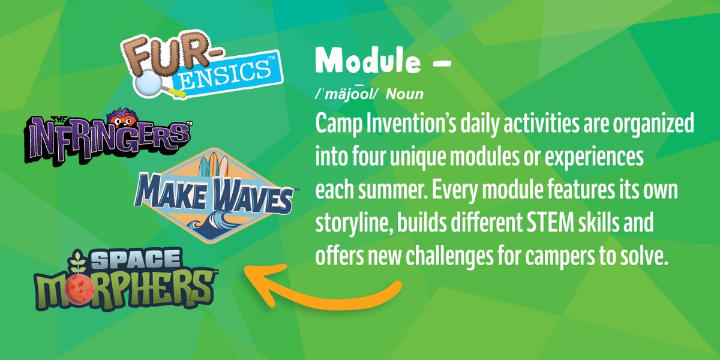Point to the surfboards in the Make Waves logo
(x=214, y=165)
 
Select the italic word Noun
(x=405, y=94)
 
